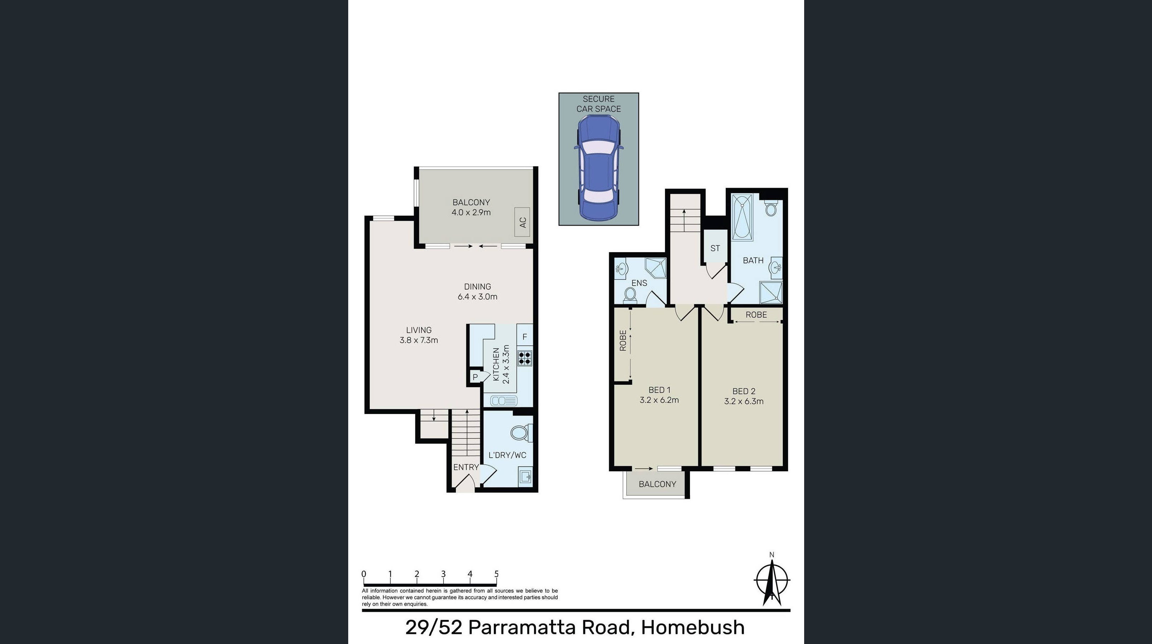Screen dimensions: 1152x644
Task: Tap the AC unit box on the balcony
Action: pos(522,222)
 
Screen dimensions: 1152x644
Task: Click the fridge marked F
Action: pos(525,337)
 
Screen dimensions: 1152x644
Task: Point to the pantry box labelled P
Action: pos(475,377)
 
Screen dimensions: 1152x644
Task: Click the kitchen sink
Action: pos(504,400)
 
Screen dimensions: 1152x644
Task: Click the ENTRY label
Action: pos(466,467)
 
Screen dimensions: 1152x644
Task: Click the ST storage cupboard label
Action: pos(715,248)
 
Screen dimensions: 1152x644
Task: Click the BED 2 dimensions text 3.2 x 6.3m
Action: pos(744,401)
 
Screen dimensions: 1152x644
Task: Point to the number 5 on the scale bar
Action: pos(496,574)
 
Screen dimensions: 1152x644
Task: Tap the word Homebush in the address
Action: pos(693,628)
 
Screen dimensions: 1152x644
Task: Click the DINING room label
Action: pos(478,286)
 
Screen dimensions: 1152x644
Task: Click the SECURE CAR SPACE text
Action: pos(598,104)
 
